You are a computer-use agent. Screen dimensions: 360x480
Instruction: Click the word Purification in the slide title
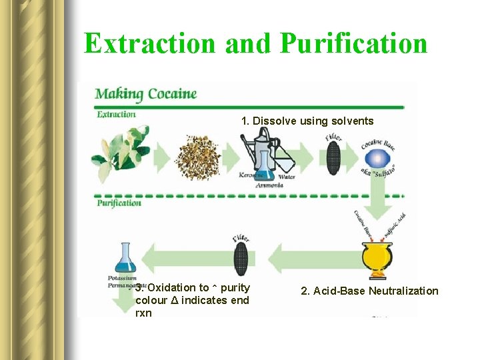(353, 43)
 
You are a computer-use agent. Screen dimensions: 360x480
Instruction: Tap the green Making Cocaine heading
(146, 93)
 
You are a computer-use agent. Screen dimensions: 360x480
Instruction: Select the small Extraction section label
(117, 114)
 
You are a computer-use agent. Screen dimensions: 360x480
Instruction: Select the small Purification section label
(120, 202)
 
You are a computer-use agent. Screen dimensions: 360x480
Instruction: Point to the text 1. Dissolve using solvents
(307, 121)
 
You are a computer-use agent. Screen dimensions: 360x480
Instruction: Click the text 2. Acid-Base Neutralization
(369, 291)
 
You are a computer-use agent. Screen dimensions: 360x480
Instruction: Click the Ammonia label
(269, 185)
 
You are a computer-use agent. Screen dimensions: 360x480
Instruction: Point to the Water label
(286, 177)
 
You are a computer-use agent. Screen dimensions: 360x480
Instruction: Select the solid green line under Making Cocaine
(249, 107)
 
